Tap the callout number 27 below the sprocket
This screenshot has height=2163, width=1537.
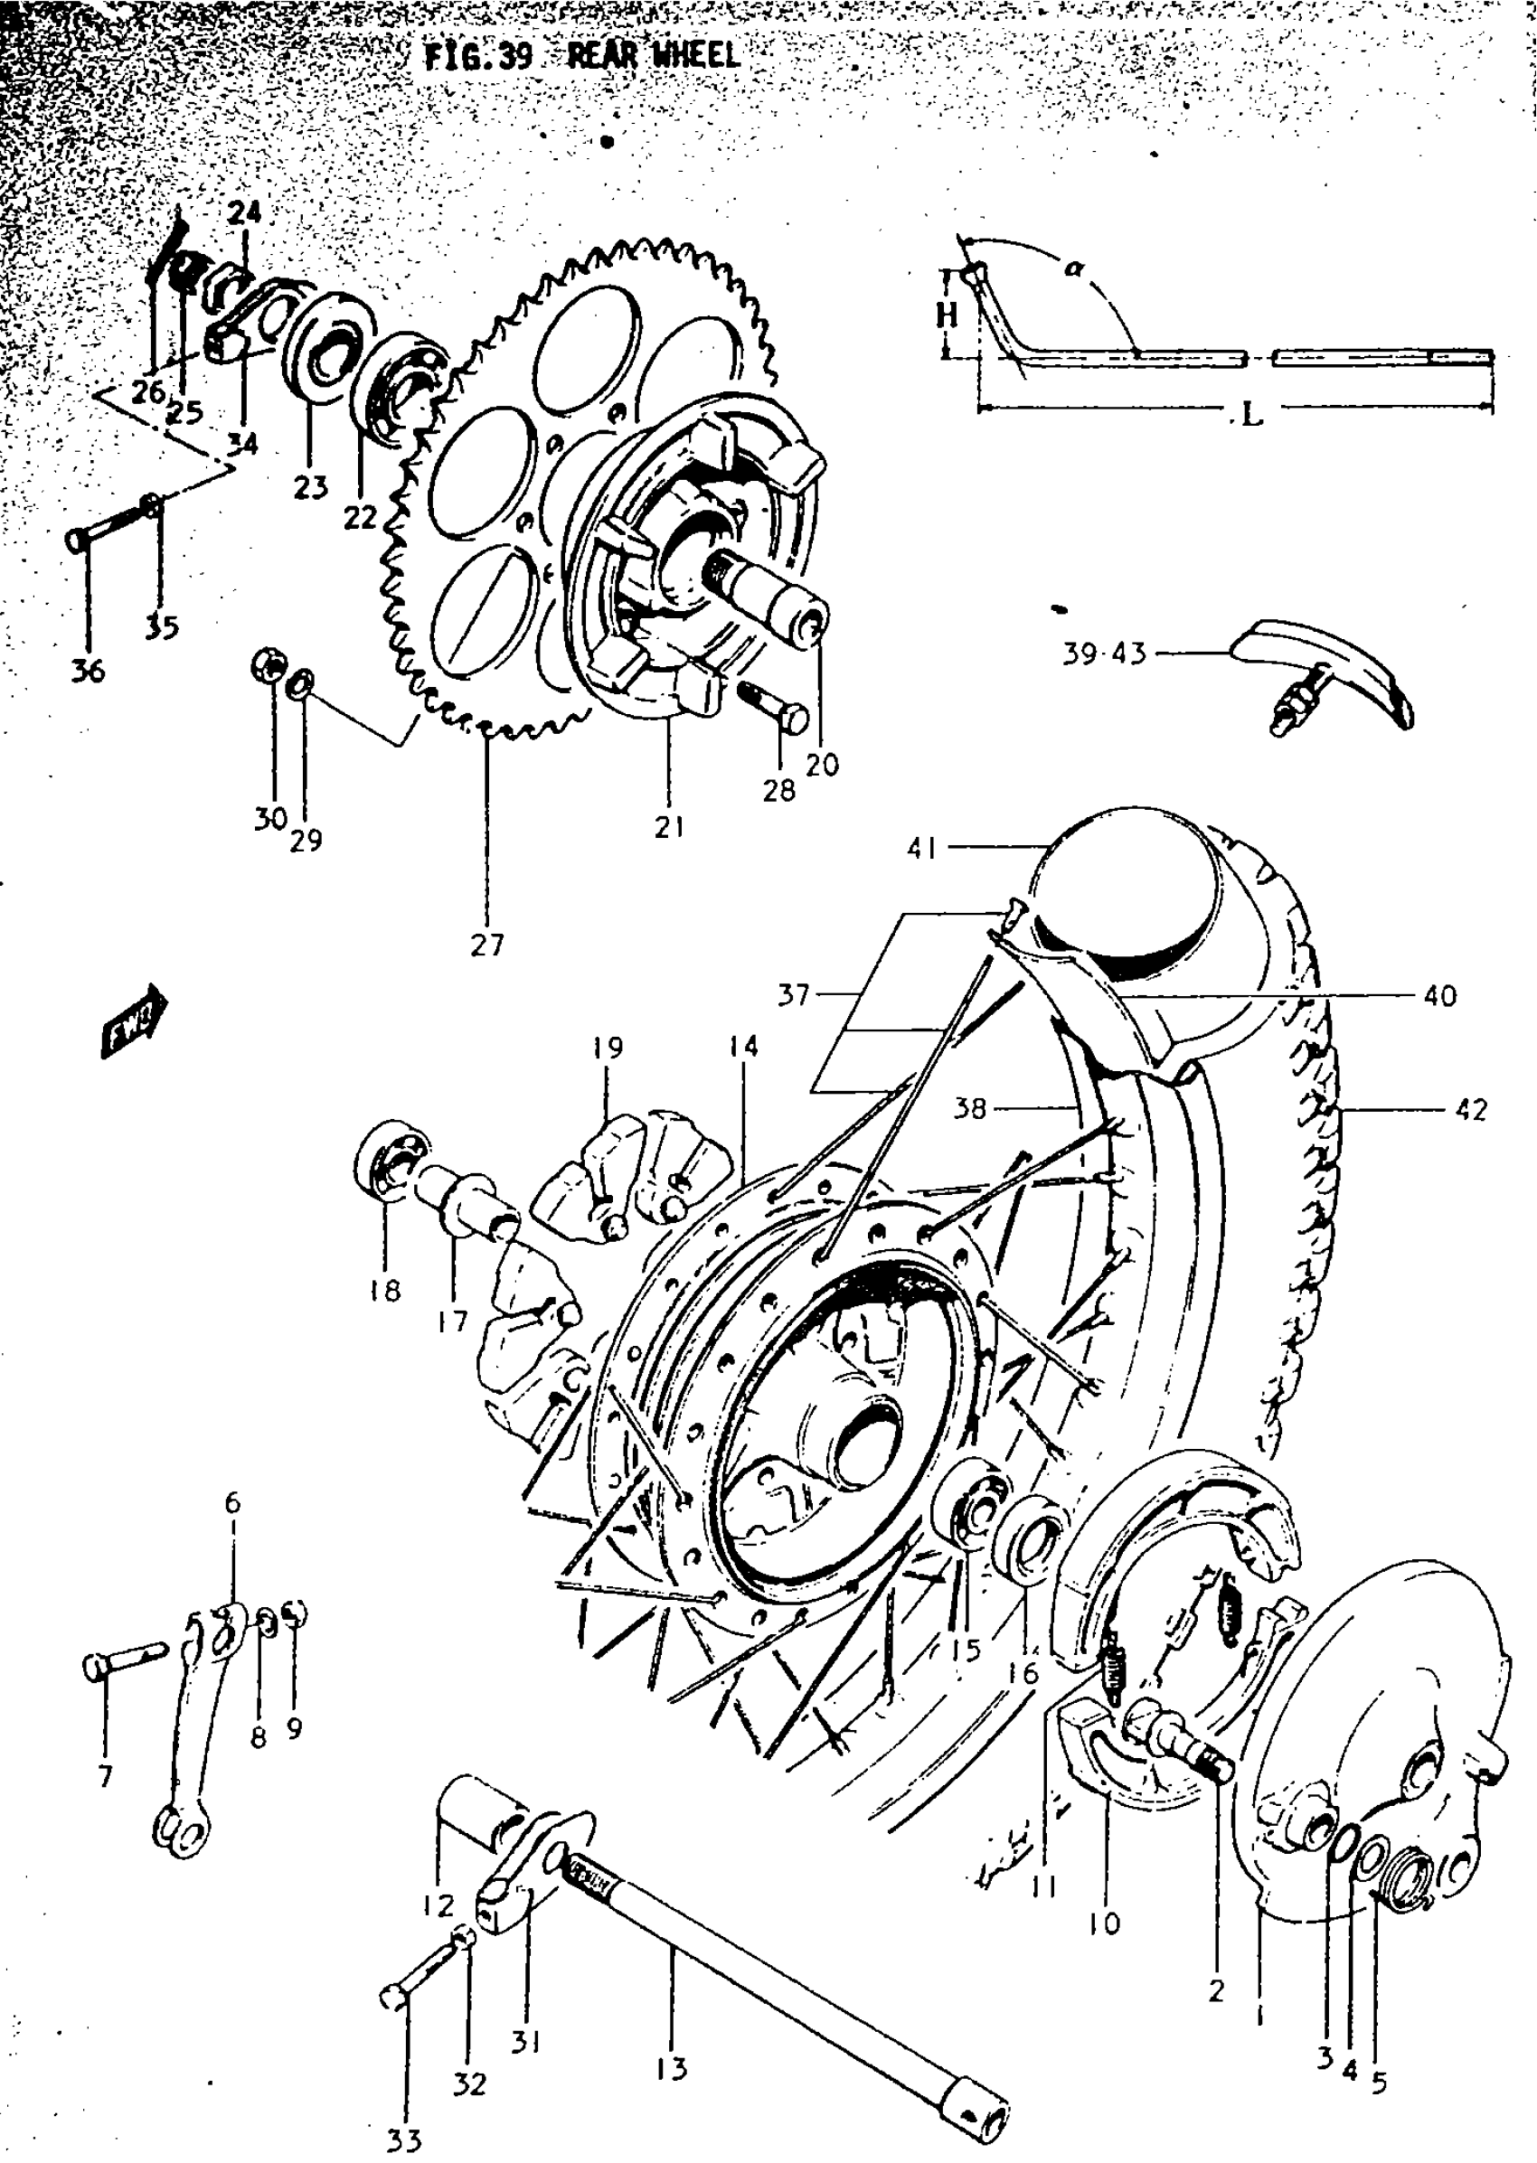(486, 945)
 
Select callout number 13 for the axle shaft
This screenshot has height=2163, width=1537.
(670, 2069)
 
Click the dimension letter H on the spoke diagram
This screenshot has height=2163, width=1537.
(947, 315)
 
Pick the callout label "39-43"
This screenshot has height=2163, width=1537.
(1104, 653)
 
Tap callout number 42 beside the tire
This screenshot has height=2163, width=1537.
(1472, 1108)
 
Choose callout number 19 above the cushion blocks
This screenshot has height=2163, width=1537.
(608, 1048)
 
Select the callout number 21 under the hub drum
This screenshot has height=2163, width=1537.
(669, 827)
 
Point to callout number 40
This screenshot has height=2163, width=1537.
(1439, 995)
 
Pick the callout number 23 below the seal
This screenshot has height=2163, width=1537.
(310, 487)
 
